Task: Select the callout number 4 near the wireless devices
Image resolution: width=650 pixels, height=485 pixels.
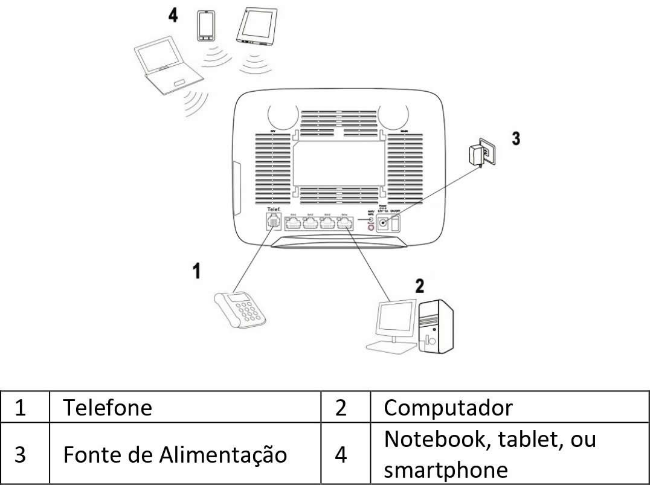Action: [173, 16]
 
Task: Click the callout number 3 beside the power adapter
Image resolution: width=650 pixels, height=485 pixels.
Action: [515, 138]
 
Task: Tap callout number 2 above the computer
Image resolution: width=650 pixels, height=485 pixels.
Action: [419, 286]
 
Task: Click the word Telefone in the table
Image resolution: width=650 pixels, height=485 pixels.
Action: [108, 408]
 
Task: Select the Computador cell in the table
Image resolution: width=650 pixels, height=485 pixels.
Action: [448, 408]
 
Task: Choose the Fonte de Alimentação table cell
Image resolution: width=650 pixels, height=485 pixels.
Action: [175, 454]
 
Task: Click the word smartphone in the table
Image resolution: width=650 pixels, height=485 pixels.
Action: [446, 470]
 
